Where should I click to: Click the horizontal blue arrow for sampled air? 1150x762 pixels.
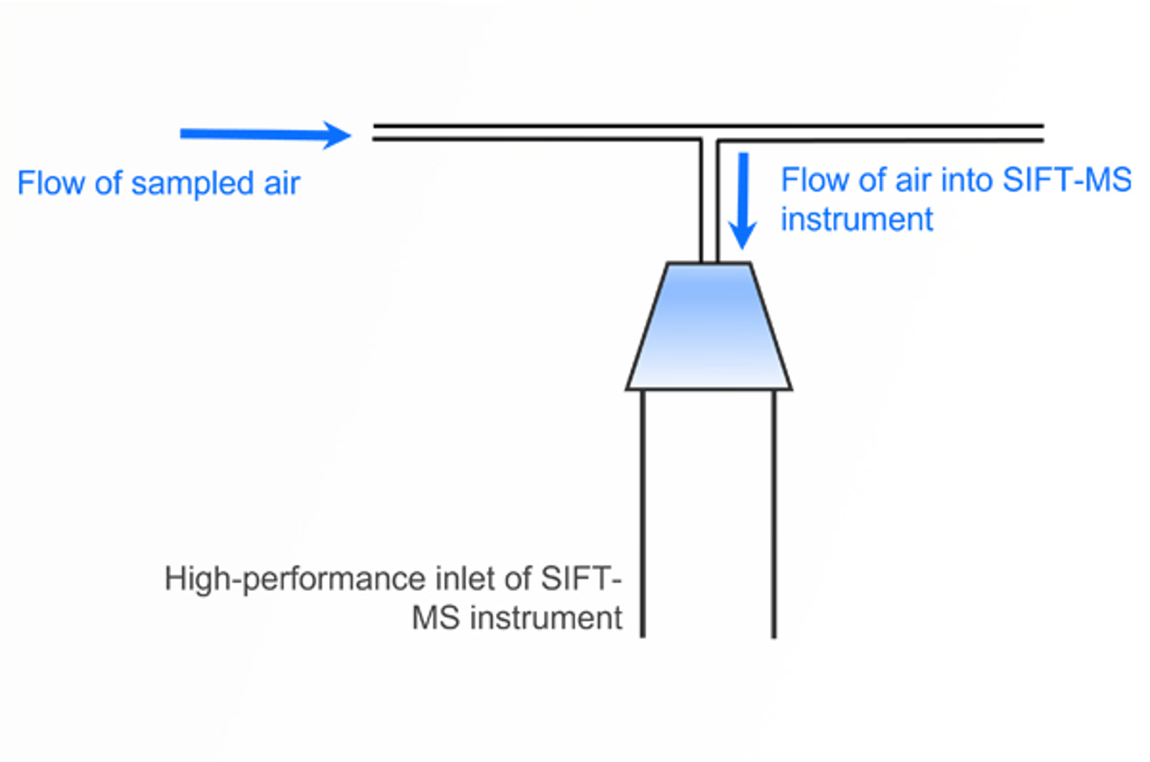click(259, 134)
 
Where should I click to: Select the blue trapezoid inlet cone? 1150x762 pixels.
click(709, 327)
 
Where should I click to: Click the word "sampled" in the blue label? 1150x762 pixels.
click(193, 184)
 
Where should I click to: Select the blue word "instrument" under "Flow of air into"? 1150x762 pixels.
click(857, 219)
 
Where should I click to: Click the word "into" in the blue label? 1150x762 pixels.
click(967, 180)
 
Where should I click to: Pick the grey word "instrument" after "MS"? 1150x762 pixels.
click(546, 618)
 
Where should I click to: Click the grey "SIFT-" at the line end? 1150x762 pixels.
click(581, 579)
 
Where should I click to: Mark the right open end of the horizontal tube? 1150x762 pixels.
click(1041, 133)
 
